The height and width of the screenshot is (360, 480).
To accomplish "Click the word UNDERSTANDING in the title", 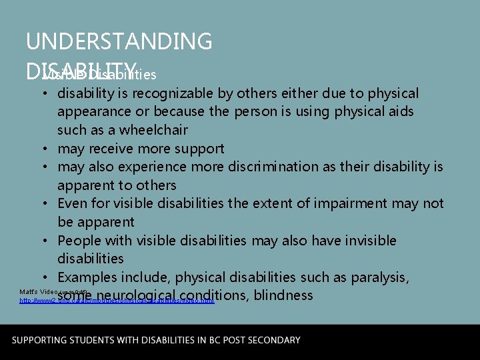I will [x=119, y=41].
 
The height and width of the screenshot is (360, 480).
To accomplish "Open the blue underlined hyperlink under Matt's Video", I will [x=117, y=301].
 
